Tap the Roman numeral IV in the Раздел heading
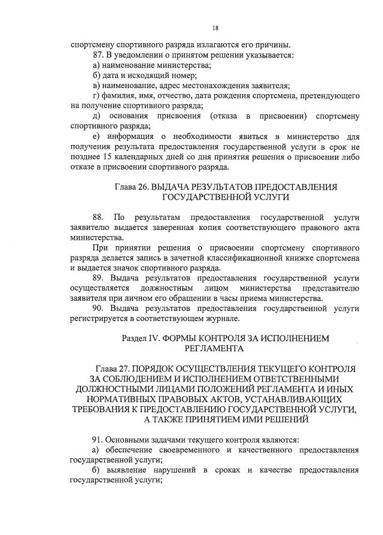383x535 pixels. [153, 338]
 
